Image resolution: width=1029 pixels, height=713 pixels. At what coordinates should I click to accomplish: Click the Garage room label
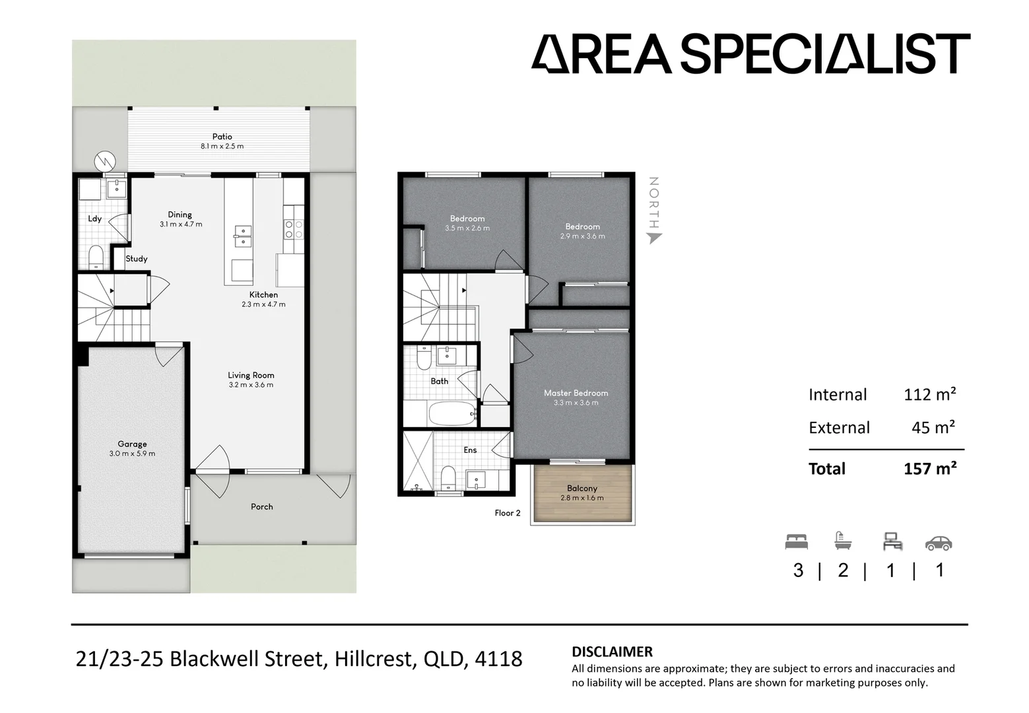click(132, 444)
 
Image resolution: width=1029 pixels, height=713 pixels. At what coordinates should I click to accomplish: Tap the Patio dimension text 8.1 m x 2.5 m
click(222, 147)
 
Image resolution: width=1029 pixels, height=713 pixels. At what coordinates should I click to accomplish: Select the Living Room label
click(251, 375)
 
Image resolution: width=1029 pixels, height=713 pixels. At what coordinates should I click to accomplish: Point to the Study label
click(137, 259)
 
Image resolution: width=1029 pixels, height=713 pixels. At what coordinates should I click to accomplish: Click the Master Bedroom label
click(576, 393)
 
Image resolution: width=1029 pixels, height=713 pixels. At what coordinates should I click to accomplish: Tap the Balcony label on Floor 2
click(581, 489)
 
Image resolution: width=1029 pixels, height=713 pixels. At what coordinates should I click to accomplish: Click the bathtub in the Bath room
click(452, 414)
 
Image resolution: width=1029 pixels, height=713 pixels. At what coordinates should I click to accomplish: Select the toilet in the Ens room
click(448, 478)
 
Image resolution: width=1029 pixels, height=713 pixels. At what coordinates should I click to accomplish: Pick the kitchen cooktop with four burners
click(293, 229)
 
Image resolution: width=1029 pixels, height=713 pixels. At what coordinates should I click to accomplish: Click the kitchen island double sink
click(242, 236)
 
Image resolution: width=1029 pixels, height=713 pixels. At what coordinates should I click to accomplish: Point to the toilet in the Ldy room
click(96, 255)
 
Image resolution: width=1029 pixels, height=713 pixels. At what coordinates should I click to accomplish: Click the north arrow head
click(653, 237)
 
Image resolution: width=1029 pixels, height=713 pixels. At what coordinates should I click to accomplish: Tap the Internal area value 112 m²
click(929, 395)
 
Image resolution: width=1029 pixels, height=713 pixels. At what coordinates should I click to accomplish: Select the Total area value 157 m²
click(929, 469)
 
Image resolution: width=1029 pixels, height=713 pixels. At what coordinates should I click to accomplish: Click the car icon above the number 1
click(938, 543)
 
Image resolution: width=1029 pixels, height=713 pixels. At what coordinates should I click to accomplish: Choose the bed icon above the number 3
click(797, 543)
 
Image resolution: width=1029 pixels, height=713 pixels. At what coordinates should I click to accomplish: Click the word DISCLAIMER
click(612, 652)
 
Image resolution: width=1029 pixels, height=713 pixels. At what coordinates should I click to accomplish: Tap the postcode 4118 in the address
click(498, 659)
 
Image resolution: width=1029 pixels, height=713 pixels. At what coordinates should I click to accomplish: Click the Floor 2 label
click(508, 513)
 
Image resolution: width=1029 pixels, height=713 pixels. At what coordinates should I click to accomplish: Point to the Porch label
click(262, 507)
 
